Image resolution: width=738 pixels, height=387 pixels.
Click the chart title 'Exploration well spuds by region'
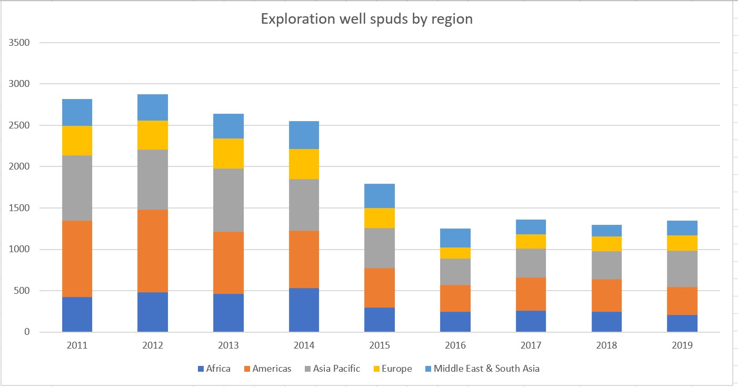tap(367, 19)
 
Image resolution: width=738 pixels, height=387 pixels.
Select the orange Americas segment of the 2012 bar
tap(153, 251)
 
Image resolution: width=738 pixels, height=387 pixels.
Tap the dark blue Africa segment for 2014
tap(304, 310)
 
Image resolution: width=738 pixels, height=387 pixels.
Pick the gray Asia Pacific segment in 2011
tap(77, 188)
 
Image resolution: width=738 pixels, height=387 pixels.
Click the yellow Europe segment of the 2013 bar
tap(228, 153)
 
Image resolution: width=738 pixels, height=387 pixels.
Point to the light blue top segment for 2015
tap(380, 196)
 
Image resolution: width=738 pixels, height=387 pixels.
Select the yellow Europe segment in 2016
tap(455, 253)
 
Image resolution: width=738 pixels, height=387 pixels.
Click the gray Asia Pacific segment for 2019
tap(682, 269)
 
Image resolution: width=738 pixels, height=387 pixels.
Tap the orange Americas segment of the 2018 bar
tap(606, 295)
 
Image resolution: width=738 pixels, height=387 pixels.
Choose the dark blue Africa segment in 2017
tap(531, 321)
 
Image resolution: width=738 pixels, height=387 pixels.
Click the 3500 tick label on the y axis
tap(19, 43)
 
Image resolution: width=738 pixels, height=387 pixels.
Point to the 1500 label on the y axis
tap(19, 208)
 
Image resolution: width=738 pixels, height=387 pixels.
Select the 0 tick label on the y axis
tap(26, 332)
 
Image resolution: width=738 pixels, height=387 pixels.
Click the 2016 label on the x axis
tap(455, 346)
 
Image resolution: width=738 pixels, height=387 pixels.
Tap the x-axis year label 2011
tap(77, 346)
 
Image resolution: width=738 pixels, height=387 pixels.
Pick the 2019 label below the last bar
tap(682, 346)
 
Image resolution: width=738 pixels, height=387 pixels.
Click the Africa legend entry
tap(214, 369)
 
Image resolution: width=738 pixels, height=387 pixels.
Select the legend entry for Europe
tap(393, 369)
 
